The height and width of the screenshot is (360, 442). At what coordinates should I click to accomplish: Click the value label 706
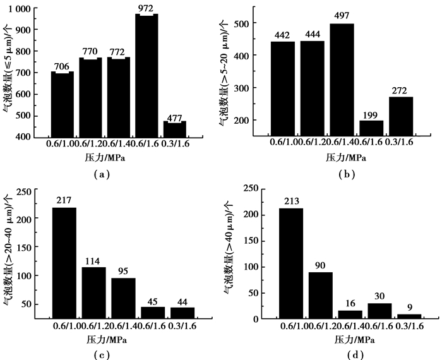(x=62, y=66)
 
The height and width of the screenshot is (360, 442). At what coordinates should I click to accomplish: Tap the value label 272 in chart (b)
(x=400, y=91)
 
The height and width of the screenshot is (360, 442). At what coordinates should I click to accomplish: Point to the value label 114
(x=93, y=262)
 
